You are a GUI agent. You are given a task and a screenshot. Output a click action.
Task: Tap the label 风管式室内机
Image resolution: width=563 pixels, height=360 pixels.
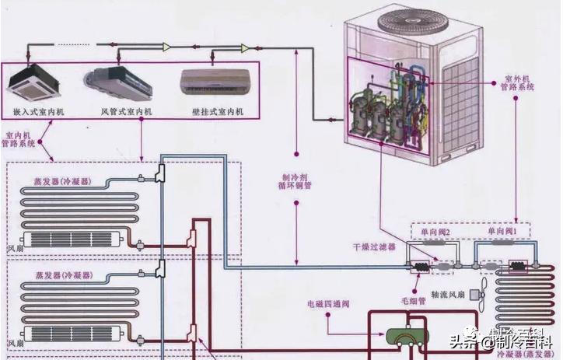click(127, 113)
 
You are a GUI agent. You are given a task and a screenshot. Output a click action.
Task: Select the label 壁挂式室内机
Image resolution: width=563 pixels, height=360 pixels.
click(218, 113)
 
